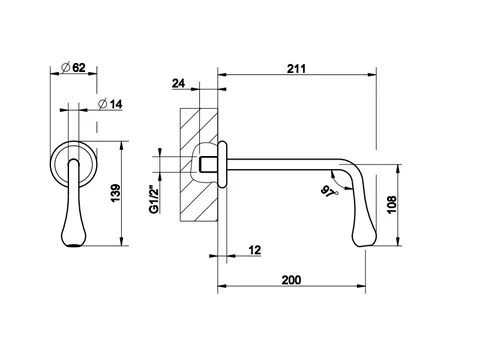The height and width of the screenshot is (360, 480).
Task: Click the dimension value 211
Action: (296, 69)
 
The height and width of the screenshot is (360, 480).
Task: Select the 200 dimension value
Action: (291, 280)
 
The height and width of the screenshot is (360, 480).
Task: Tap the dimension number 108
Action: (392, 205)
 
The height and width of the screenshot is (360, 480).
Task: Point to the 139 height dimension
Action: (115, 193)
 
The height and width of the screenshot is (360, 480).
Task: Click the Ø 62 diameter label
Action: (74, 68)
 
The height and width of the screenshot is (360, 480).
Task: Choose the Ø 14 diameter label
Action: (110, 104)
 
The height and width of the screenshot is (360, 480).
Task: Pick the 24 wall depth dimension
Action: (178, 83)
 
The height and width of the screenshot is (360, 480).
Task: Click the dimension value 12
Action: (255, 250)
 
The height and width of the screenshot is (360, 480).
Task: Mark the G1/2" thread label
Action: (154, 200)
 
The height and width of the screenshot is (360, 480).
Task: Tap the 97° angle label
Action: (329, 192)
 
